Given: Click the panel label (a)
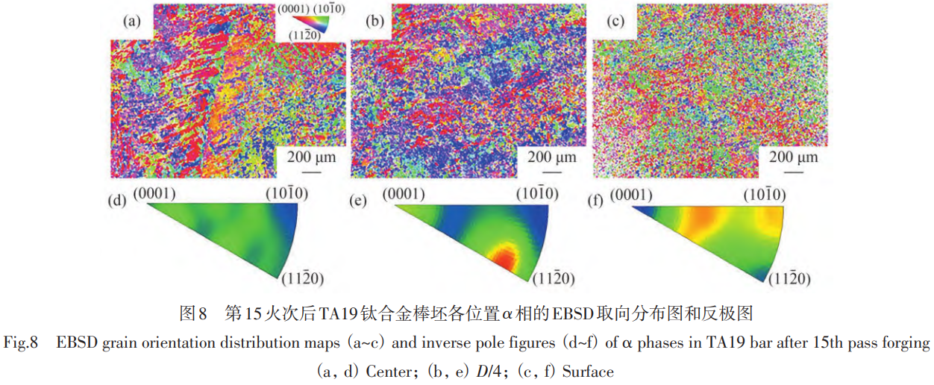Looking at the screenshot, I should [x=131, y=22].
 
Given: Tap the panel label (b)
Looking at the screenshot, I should [x=374, y=22].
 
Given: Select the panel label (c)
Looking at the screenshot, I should [x=615, y=22].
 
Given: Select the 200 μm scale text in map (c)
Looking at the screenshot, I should [x=793, y=157].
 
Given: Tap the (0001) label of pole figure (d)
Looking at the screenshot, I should [x=154, y=194].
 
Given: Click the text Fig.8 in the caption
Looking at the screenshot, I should [x=20, y=343].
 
